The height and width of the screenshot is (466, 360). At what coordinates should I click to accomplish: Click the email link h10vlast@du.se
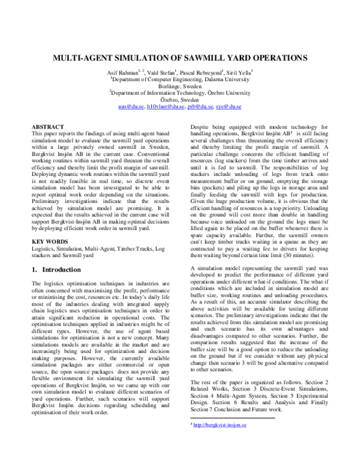[x=165, y=106]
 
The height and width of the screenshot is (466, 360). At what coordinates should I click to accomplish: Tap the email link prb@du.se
[x=199, y=106]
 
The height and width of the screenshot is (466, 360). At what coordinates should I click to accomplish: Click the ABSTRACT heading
[x=47, y=127]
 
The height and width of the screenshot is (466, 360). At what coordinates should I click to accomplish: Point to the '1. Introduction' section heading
[x=58, y=270]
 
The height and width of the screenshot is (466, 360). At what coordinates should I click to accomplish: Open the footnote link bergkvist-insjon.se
[x=218, y=442]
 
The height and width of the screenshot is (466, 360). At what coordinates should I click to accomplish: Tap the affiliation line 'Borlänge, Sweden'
[x=180, y=86]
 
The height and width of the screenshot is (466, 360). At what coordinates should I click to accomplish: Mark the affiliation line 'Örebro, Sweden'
[x=180, y=100]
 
